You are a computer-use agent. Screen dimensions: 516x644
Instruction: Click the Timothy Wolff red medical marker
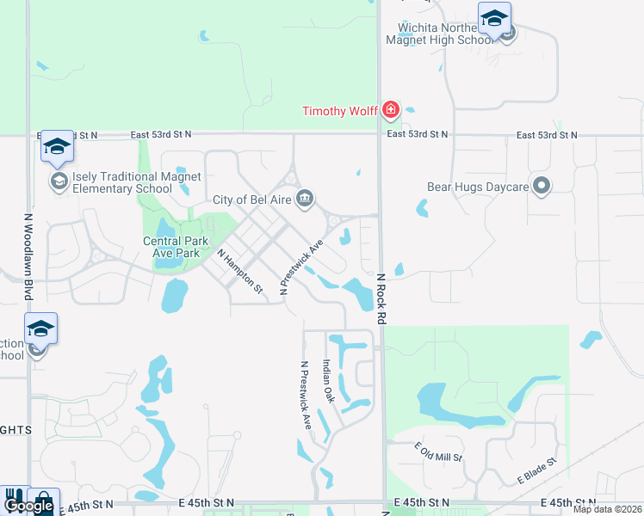pyautogui.click(x=391, y=109)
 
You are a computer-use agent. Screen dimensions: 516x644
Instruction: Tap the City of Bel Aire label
pyautogui.click(x=253, y=200)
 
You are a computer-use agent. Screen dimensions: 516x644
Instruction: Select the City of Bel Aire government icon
pyautogui.click(x=305, y=200)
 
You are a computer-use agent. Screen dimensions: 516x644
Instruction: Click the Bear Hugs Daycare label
pyautogui.click(x=476, y=186)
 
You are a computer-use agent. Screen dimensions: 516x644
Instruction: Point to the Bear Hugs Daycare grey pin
pyautogui.click(x=541, y=186)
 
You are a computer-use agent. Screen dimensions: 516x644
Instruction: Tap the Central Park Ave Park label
pyautogui.click(x=176, y=247)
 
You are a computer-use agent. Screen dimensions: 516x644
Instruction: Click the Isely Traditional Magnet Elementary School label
pyautogui.click(x=136, y=183)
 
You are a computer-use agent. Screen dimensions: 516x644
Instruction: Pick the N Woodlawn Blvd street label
pyautogui.click(x=28, y=257)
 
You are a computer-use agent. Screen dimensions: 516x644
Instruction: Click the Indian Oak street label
pyautogui.click(x=328, y=381)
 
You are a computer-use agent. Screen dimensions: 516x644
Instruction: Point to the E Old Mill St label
pyautogui.click(x=438, y=452)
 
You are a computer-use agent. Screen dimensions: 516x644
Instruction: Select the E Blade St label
pyautogui.click(x=538, y=470)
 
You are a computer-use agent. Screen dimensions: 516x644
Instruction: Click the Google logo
pyautogui.click(x=28, y=507)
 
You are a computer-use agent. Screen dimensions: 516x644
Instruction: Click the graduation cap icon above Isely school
pyautogui.click(x=57, y=148)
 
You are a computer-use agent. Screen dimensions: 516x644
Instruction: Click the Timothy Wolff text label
pyautogui.click(x=339, y=110)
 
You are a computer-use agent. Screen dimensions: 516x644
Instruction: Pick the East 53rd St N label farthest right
pyautogui.click(x=547, y=135)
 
